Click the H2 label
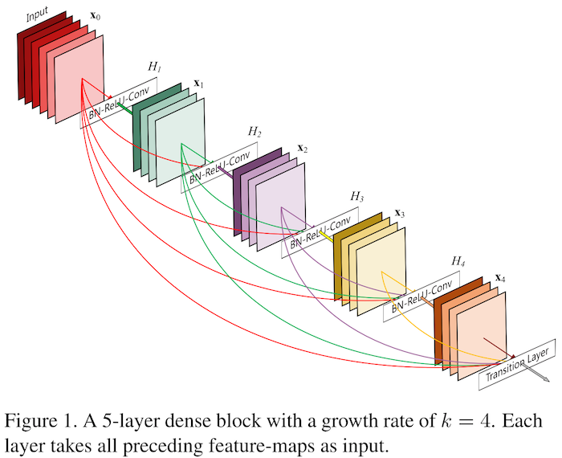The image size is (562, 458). (x=254, y=132)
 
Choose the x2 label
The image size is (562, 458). (x=302, y=148)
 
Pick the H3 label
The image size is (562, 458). (x=356, y=195)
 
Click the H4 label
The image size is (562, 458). (x=458, y=261)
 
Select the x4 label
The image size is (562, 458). (x=499, y=278)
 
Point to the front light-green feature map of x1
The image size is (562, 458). (x=181, y=144)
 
